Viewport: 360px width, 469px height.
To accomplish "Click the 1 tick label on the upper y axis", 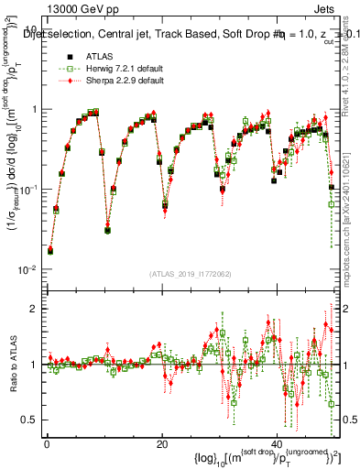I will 35,109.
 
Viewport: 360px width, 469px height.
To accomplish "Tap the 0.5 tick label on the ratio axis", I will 30,420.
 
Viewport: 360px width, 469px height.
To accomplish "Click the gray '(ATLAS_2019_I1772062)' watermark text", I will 190,274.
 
